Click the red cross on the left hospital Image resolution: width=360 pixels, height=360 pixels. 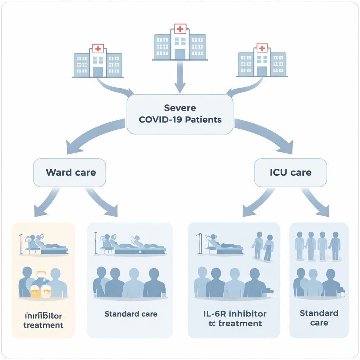pos(98,49)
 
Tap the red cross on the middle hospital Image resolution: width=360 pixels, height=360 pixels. pos(180,29)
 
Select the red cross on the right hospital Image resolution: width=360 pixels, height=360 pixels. pos(262,48)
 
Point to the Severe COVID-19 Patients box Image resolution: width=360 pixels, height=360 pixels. pos(180,114)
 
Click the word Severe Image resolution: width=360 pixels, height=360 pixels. pos(180,108)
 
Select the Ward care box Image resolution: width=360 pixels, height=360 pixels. pos(70,173)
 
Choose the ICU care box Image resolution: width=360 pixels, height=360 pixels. pos(290,173)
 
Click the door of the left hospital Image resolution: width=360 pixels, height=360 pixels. pos(98,72)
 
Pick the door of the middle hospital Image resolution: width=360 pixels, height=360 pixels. pos(180,54)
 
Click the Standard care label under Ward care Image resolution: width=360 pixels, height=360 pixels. pos(131,314)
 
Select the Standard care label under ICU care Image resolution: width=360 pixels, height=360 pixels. pos(319,318)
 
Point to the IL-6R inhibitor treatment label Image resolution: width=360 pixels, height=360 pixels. pos(234,318)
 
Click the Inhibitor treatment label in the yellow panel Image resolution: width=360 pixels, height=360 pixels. pos(43,320)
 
